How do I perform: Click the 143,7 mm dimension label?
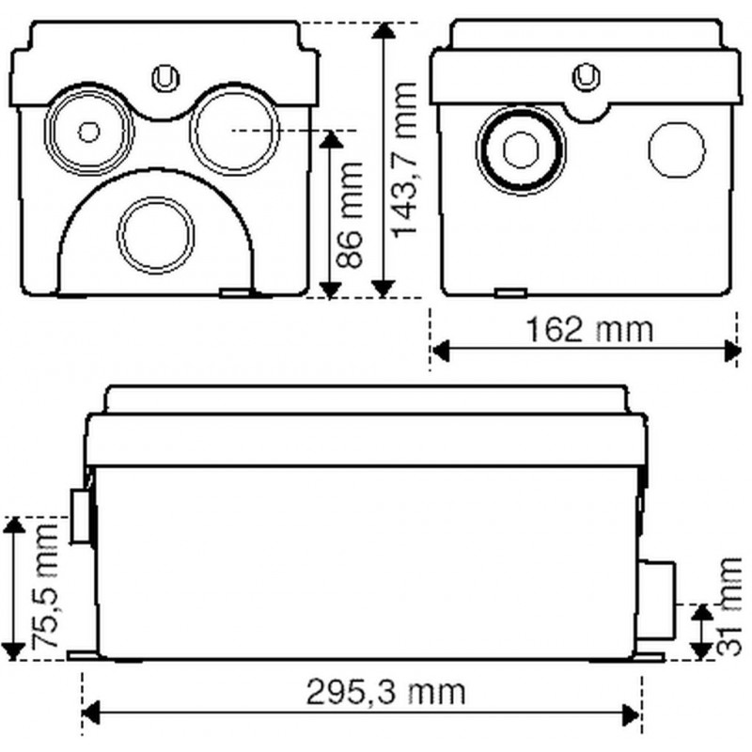click(404, 159)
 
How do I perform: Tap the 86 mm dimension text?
click(349, 214)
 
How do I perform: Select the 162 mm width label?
click(590, 330)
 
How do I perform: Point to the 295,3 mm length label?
click(386, 692)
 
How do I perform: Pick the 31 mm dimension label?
click(729, 606)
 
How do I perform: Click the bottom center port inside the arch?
click(156, 234)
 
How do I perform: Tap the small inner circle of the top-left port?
click(88, 132)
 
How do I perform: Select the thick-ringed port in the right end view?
click(521, 149)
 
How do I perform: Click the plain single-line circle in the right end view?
click(677, 149)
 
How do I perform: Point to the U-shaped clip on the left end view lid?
click(166, 78)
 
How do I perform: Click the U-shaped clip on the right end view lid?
click(587, 76)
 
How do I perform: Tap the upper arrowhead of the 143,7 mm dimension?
click(383, 30)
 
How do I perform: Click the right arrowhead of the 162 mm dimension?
click(732, 351)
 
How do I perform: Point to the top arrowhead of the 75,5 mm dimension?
click(14, 525)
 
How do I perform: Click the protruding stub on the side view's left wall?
click(81, 516)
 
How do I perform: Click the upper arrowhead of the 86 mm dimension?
click(330, 139)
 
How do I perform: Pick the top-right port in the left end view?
click(234, 131)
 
